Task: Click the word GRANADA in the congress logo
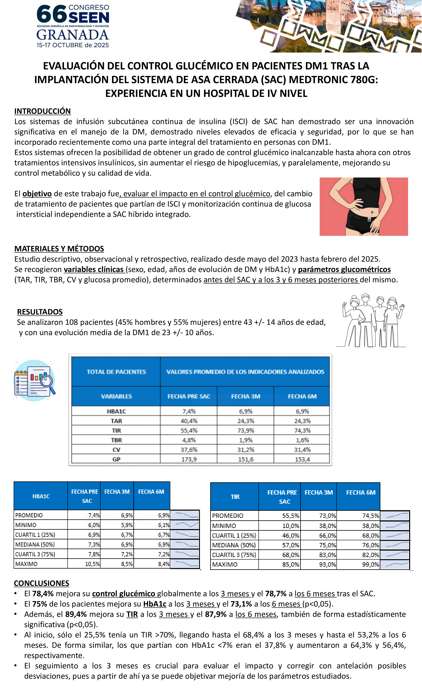pos(72,35)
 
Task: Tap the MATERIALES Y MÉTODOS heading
pos(59,249)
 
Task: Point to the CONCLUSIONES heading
pos(41,583)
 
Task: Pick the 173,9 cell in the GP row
pos(189,459)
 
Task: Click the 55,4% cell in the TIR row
pos(189,430)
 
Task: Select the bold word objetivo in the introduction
pos(37,194)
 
